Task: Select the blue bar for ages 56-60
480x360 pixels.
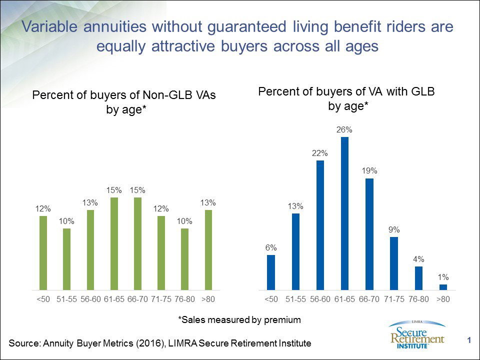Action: point(320,225)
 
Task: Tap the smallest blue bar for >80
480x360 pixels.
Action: point(443,287)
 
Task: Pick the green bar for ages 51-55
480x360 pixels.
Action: point(66,259)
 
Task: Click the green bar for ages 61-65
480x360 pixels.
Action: point(113,243)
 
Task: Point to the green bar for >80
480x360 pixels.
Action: point(208,249)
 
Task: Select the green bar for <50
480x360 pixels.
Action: point(43,252)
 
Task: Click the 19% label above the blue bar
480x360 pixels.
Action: point(369,170)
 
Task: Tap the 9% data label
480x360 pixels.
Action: point(393,229)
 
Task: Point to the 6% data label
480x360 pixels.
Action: point(271,247)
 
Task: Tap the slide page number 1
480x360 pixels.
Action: point(469,341)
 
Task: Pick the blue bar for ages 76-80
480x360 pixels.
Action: point(418,278)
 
